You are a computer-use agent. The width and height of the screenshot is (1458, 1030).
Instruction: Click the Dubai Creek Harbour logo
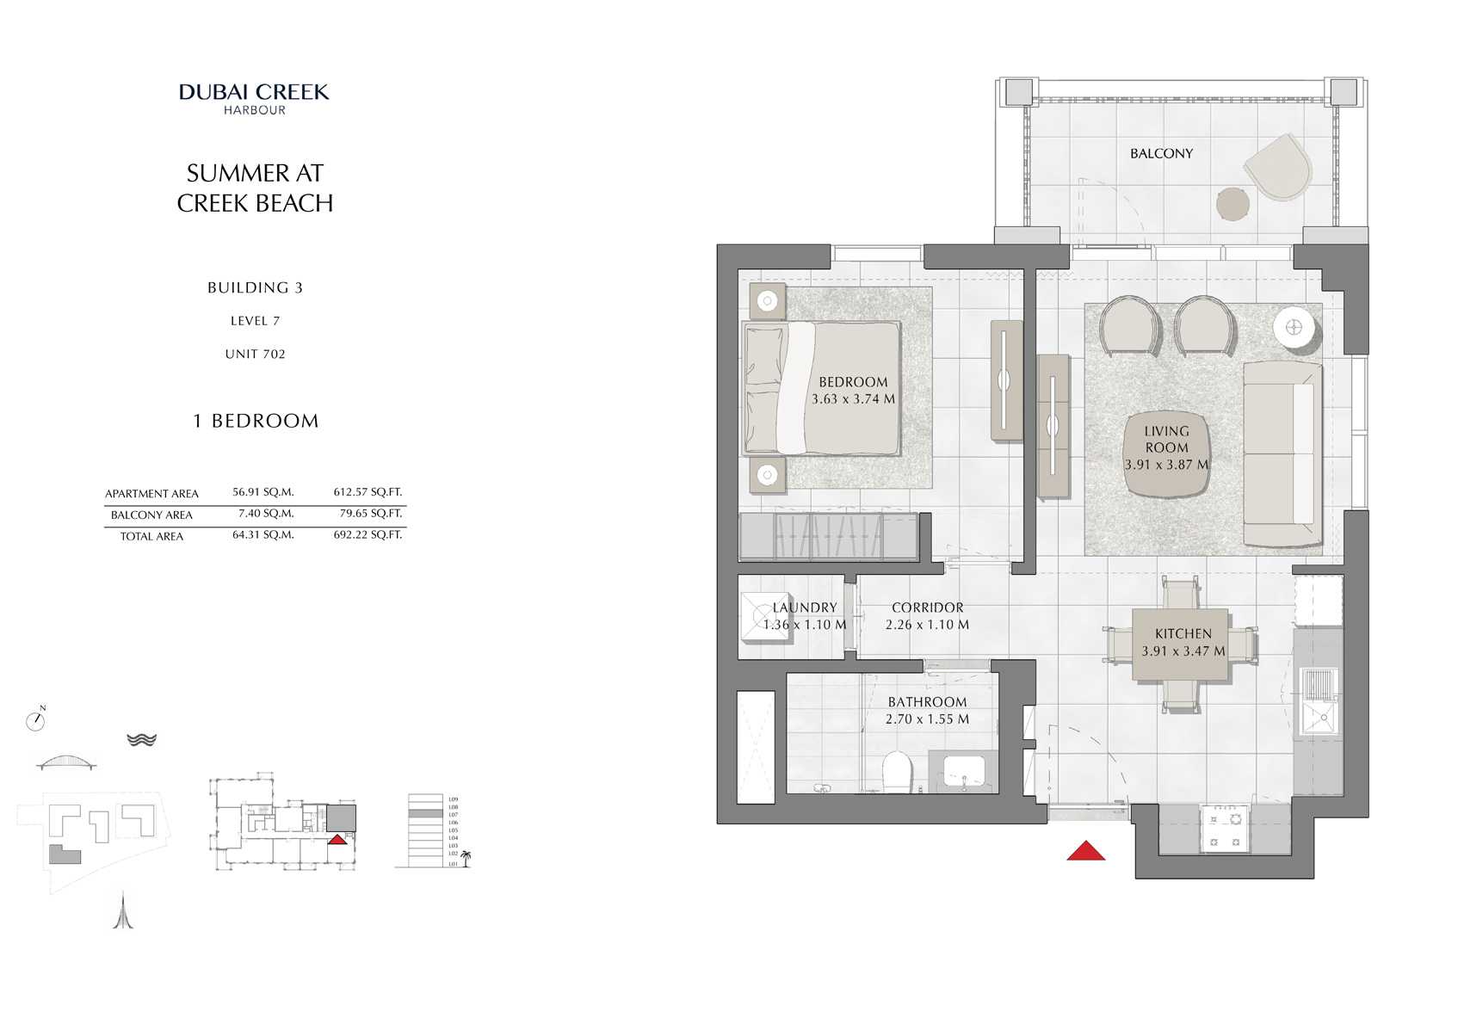click(x=254, y=98)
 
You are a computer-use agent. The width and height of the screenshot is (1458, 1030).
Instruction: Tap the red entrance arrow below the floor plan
click(x=1085, y=851)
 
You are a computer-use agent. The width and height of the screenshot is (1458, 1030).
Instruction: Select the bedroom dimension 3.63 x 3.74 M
click(x=853, y=399)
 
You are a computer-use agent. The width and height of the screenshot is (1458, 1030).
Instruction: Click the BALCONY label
click(x=1161, y=153)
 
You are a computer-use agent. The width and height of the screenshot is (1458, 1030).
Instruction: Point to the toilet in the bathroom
click(x=897, y=772)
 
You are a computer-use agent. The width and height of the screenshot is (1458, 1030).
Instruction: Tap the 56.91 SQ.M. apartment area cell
click(x=263, y=492)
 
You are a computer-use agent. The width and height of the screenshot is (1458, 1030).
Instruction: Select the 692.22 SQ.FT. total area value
click(x=368, y=534)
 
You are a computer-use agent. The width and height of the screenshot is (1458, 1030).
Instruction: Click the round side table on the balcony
click(x=1233, y=204)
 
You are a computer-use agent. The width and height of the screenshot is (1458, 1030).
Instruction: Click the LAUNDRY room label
click(x=804, y=608)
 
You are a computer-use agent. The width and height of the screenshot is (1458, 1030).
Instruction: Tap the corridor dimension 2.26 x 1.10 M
click(x=927, y=625)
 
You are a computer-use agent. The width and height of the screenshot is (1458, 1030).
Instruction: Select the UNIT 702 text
click(x=255, y=354)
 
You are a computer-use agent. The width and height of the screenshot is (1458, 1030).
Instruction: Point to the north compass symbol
click(x=35, y=720)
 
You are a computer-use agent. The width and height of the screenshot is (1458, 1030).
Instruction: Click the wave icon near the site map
click(x=141, y=739)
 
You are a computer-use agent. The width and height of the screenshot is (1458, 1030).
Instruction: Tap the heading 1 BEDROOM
click(x=256, y=421)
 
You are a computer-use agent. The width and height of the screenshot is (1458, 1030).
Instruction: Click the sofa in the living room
click(x=1282, y=453)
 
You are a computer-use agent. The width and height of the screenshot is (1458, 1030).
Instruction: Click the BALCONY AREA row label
click(x=151, y=515)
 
